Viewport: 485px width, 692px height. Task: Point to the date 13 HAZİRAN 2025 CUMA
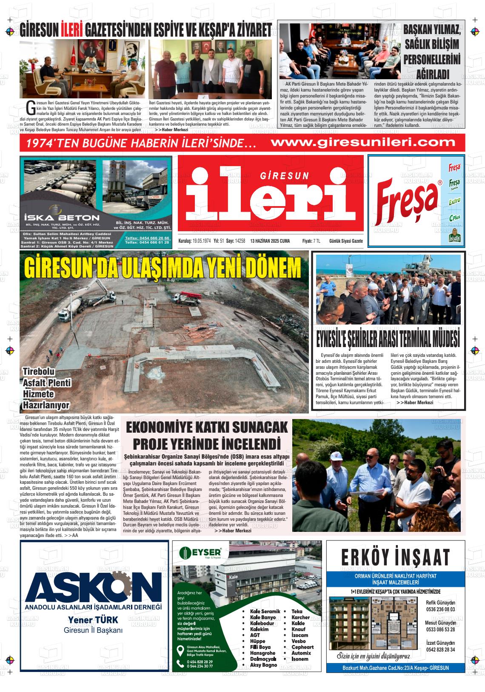[x=270, y=241]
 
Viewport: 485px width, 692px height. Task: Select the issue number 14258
[x=240, y=241]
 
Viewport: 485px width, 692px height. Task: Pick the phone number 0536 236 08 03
[x=440, y=609]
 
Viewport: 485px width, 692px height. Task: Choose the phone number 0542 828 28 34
[x=440, y=649]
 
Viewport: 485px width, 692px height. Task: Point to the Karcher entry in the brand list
[x=300, y=617]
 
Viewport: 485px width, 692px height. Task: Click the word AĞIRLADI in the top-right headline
[x=432, y=73]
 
